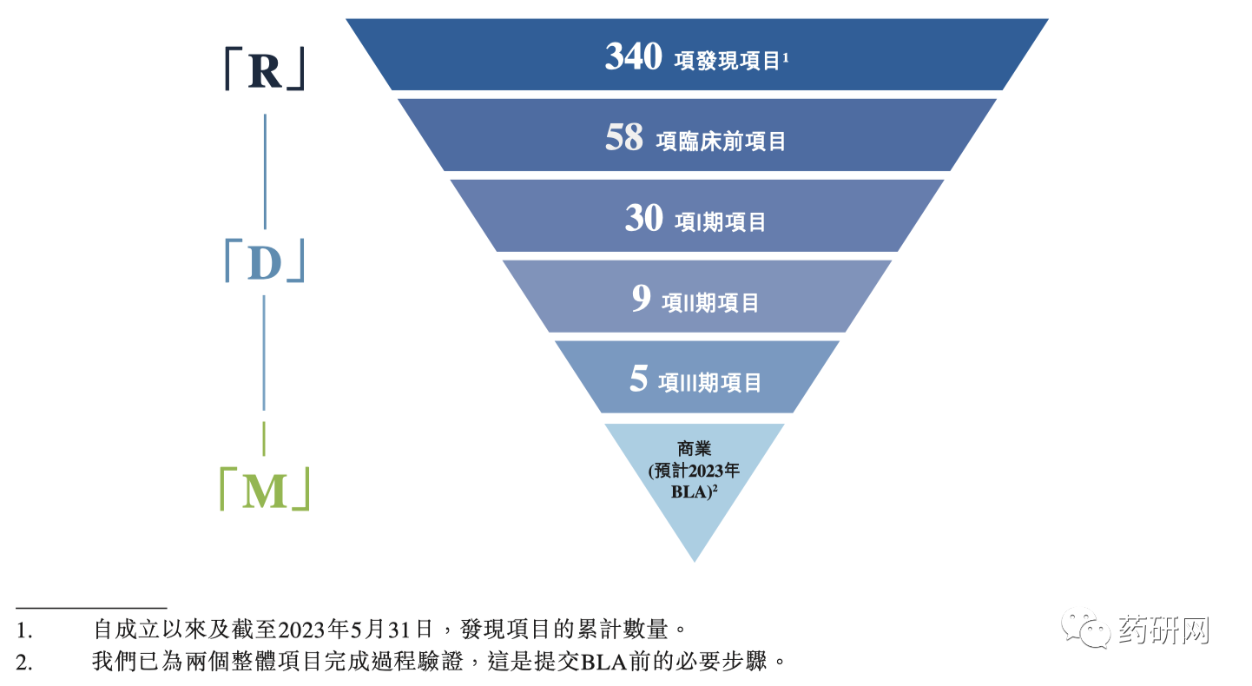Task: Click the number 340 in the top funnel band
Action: pos(634,57)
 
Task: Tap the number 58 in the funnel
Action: pos(624,138)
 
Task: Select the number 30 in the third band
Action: pos(643,219)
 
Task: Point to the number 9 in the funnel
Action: pos(641,300)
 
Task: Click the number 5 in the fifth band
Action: pos(639,379)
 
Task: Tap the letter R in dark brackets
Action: pos(265,71)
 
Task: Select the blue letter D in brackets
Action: pos(264,264)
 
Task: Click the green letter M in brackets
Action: pos(264,491)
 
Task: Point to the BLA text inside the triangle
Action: pos(691,491)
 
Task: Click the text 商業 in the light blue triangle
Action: pos(695,450)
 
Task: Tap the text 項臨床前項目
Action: pos(722,141)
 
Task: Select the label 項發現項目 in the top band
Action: pos(727,61)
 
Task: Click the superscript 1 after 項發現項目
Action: pos(785,56)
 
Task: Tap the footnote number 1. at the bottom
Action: pos(23,627)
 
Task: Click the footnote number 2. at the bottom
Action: pos(23,662)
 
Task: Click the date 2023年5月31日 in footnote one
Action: pos(360,627)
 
